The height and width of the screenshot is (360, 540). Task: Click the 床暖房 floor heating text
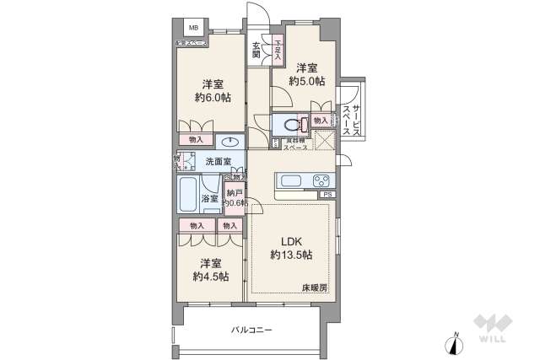[x=315, y=288]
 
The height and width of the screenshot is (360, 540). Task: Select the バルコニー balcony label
[x=251, y=330]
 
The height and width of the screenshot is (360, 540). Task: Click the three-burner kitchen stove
[x=321, y=180]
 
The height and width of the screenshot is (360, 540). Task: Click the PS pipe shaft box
[x=327, y=196]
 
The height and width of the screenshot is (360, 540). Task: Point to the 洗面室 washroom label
[x=219, y=160]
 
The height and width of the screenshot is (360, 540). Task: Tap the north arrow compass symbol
[x=456, y=344]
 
